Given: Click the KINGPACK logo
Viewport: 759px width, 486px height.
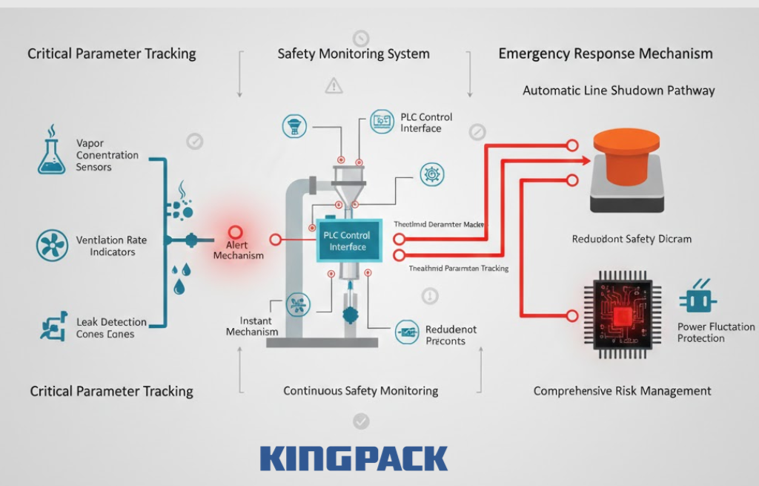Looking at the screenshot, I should tap(354, 458).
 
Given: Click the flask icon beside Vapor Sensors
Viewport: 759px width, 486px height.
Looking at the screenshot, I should tap(51, 153).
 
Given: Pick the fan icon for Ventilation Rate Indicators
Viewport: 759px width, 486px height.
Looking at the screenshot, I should tap(51, 245).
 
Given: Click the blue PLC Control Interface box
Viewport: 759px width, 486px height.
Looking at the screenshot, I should tap(349, 240).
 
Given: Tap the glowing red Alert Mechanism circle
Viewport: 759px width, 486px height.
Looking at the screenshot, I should tap(236, 232).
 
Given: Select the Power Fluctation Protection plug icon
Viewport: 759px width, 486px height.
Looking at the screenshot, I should tap(697, 298).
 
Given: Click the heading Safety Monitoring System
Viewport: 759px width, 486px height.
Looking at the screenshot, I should tap(354, 54).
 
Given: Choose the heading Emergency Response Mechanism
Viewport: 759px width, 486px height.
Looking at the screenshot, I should tap(605, 53).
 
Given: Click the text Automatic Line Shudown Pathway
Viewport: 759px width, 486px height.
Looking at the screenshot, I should tap(618, 91).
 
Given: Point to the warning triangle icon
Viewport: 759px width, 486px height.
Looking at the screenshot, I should tap(334, 86).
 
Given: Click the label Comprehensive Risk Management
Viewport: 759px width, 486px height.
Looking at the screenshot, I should tap(622, 391).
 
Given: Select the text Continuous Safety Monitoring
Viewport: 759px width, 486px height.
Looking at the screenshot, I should tap(360, 391).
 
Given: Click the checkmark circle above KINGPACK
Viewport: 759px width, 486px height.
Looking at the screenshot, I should tap(360, 421).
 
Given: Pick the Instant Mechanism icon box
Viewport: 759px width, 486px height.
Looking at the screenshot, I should tap(299, 303).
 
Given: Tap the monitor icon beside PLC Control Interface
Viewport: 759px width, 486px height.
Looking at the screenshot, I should tap(382, 120).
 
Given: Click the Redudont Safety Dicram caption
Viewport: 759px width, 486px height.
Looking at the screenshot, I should tap(632, 239).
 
